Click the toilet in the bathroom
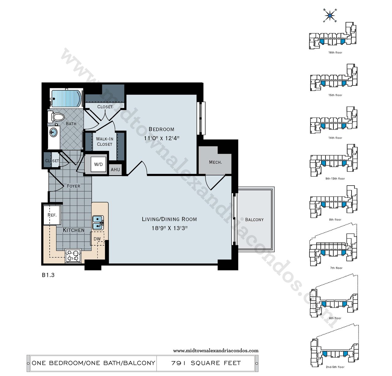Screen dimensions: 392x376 pyautogui.click(x=56, y=117)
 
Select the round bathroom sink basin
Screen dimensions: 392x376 pyautogui.click(x=53, y=133)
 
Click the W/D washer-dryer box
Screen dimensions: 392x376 pyautogui.click(x=98, y=164)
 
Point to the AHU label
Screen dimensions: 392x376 pyautogui.click(x=115, y=170)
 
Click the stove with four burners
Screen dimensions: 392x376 pyautogui.click(x=73, y=255)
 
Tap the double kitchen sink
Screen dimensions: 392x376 pyautogui.click(x=98, y=223)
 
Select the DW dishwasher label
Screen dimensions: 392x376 pyautogui.click(x=97, y=239)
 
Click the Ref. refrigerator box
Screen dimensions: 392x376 pyautogui.click(x=52, y=215)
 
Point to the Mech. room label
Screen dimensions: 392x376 pyautogui.click(x=215, y=162)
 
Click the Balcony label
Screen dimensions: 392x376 pyautogui.click(x=254, y=220)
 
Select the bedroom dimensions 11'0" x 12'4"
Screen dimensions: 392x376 pyautogui.click(x=162, y=138)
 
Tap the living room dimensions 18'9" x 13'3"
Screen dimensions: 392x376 pyautogui.click(x=170, y=228)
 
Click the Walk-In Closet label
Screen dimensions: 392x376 pyautogui.click(x=104, y=141)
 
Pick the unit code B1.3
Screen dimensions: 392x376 pyautogui.click(x=48, y=275)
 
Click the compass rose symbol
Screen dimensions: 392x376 pyautogui.click(x=330, y=16)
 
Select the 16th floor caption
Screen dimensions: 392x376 pyautogui.click(x=335, y=53)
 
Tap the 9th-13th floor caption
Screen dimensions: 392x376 pyautogui.click(x=335, y=179)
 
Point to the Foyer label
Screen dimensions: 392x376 pyautogui.click(x=73, y=186)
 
